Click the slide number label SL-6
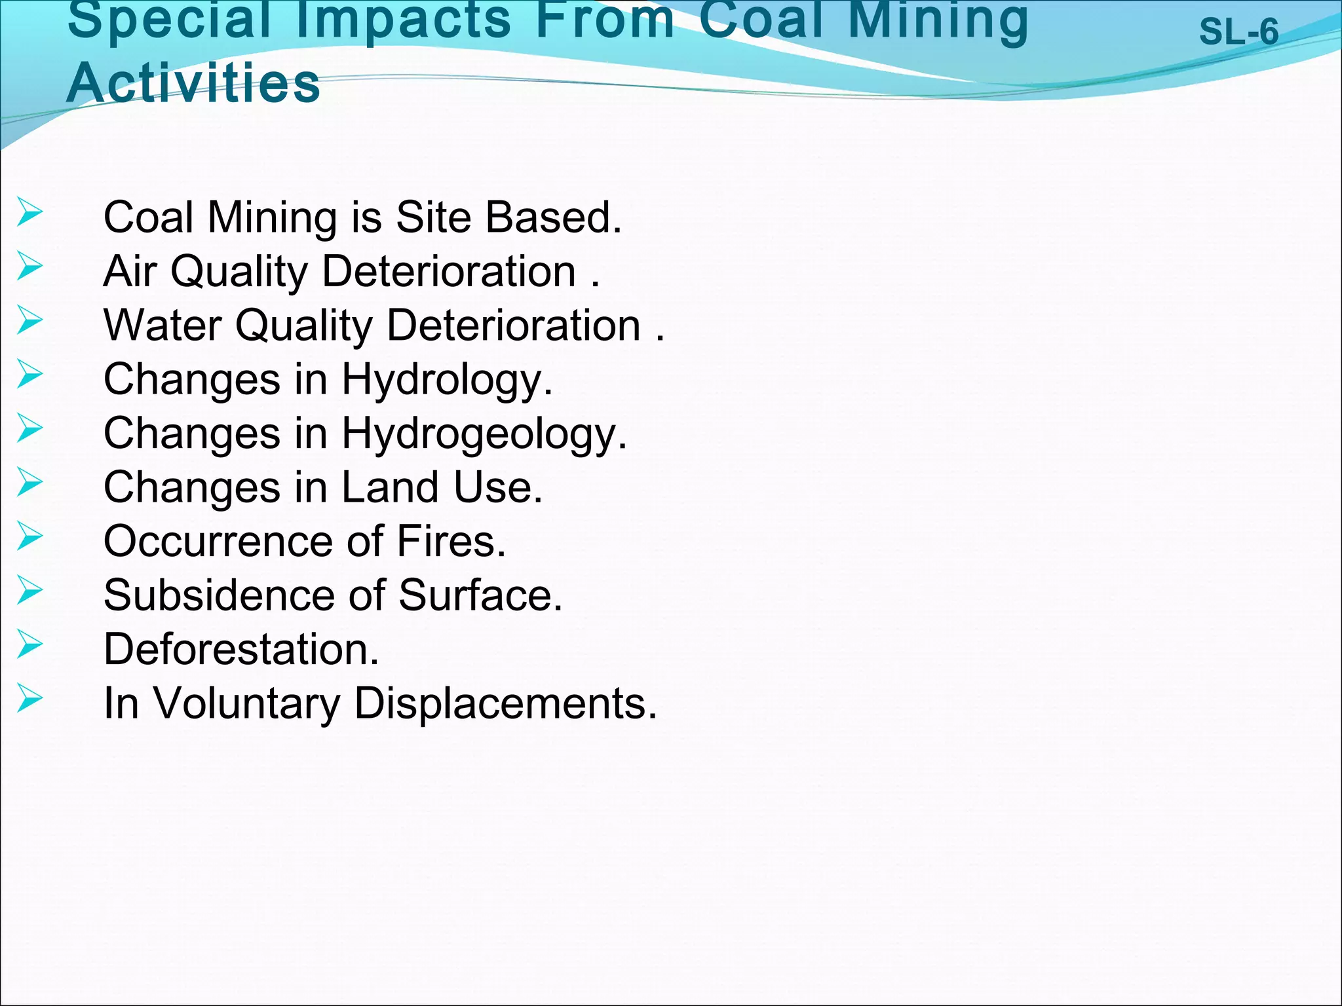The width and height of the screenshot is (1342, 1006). coord(1238,31)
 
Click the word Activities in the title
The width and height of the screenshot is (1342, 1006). coord(193,84)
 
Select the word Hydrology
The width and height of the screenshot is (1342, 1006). coord(447,380)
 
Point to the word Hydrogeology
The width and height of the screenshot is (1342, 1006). coord(484,434)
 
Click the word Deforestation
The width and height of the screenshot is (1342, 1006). coord(241,649)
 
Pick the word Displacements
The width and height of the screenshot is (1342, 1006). coord(505,703)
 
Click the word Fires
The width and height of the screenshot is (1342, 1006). coord(451,542)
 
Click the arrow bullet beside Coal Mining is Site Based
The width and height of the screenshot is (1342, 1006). coord(29,212)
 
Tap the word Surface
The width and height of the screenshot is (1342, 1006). coord(480,595)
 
